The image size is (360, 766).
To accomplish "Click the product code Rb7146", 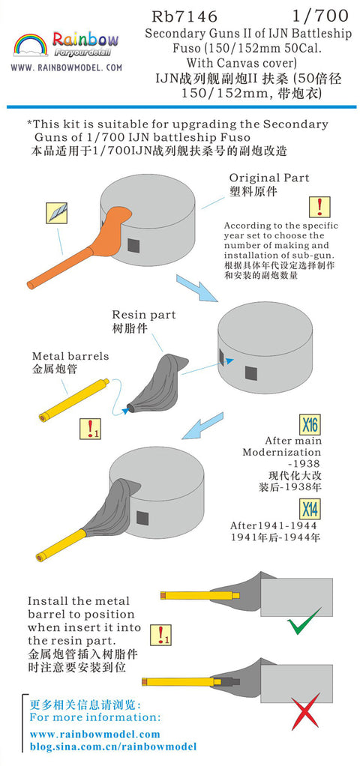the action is pyautogui.click(x=184, y=16).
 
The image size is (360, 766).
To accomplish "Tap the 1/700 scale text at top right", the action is pyautogui.click(x=320, y=16).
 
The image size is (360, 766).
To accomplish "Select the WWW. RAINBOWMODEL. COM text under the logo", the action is pyautogui.click(x=67, y=68).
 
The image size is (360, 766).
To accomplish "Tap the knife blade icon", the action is pyautogui.click(x=56, y=214).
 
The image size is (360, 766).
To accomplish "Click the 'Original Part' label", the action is pyautogui.click(x=269, y=178).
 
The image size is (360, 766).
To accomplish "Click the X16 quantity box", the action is pyautogui.click(x=309, y=425).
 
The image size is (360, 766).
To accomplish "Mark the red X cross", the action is pyautogui.click(x=305, y=711).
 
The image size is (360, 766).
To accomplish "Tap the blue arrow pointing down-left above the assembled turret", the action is pyautogui.click(x=202, y=426).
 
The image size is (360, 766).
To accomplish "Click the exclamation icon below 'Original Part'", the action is pyautogui.click(x=319, y=207).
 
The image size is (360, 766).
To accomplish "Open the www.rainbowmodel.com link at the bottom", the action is pyautogui.click(x=95, y=735).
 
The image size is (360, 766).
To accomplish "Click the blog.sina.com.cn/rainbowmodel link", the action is pyautogui.click(x=113, y=747).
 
